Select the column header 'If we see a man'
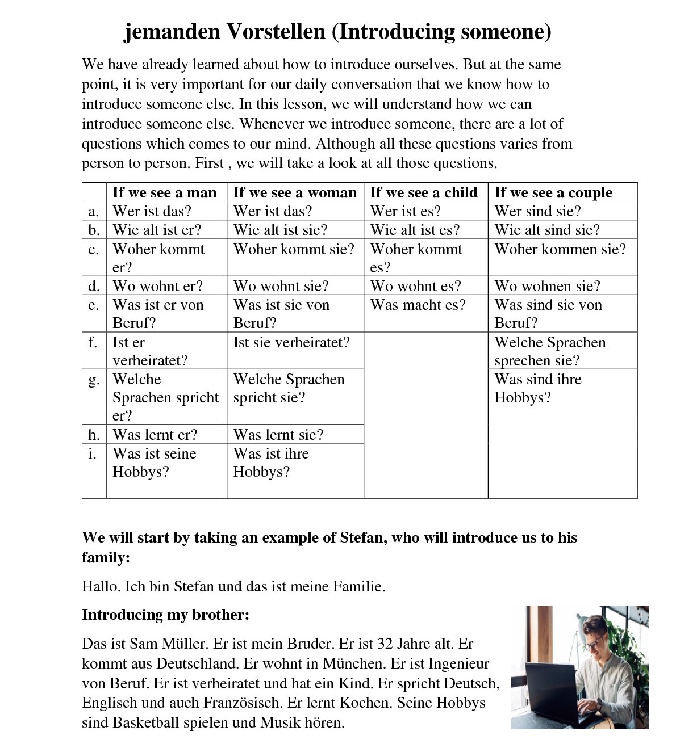pos(165,192)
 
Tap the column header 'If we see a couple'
pos(553,192)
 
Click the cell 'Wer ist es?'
pos(406,211)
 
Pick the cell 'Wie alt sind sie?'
pos(547,230)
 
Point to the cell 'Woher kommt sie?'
pos(294,249)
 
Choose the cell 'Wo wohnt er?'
pos(157,286)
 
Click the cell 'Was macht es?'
pos(418,305)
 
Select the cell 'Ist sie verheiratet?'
pos(291,342)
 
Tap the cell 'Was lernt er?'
pos(155,435)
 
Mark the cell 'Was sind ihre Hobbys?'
pos(537,388)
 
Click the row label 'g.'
pos(94,380)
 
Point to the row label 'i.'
pos(93,453)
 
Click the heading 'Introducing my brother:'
pos(166,615)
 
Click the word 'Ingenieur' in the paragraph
pos(458,663)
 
